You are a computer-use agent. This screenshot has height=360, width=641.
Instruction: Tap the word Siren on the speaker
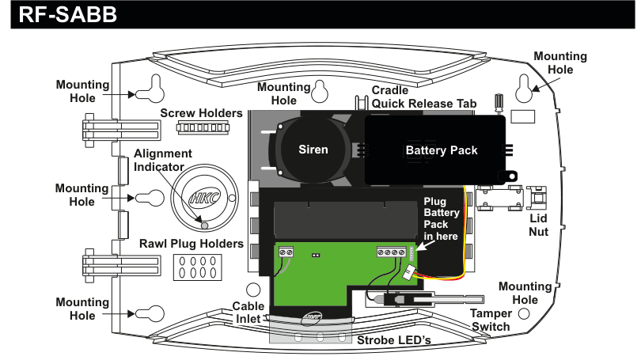click(x=313, y=149)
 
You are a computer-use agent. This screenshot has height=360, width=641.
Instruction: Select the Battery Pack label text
click(x=442, y=150)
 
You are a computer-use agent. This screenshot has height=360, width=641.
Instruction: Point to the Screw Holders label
click(x=202, y=113)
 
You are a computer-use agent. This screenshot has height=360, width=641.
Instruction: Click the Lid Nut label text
click(x=538, y=227)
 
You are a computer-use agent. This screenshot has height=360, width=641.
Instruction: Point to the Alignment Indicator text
click(x=162, y=160)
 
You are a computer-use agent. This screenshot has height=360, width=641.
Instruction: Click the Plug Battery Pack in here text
click(x=441, y=219)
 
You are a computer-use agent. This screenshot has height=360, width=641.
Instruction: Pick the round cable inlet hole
click(x=253, y=290)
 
